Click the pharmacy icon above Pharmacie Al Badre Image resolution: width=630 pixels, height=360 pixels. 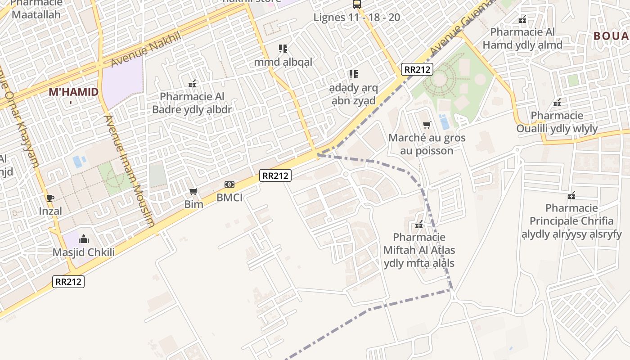[192, 84]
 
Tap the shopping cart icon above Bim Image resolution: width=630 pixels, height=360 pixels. [193, 192]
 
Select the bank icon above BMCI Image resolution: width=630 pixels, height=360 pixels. [229, 184]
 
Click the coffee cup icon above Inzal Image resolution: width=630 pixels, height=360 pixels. [50, 198]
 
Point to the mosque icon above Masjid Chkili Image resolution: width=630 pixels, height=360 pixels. [84, 239]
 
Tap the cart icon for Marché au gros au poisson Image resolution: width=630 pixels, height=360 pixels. [427, 125]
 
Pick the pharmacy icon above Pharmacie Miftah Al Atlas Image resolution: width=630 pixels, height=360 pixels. [419, 224]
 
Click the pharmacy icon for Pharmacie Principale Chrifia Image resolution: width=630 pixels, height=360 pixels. [571, 195]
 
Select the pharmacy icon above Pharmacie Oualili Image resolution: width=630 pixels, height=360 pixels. [557, 103]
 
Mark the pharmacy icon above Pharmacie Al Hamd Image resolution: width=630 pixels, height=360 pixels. [522, 19]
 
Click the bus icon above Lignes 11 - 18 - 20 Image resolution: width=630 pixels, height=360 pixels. [357, 4]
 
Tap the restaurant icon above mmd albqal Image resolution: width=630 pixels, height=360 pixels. [283, 48]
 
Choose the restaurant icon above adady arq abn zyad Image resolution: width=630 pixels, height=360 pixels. [354, 74]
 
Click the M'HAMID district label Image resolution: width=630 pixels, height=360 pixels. [73, 92]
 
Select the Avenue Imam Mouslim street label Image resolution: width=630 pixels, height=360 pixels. [130, 171]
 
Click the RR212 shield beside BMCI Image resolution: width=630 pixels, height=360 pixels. [275, 175]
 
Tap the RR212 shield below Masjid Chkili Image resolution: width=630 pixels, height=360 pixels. [68, 282]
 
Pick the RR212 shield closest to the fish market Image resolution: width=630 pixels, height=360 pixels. [418, 69]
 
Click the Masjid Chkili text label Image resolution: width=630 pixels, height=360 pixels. [84, 252]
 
